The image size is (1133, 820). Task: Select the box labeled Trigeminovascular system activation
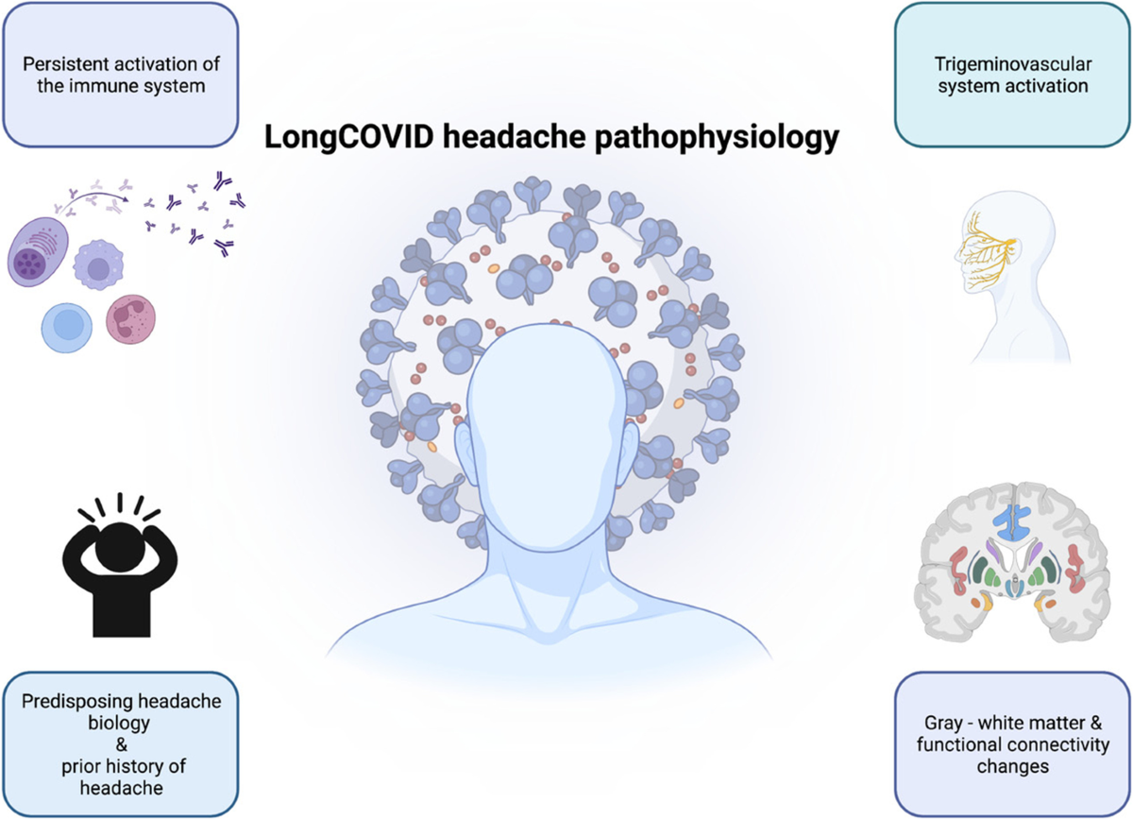1010,75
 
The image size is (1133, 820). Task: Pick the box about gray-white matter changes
1012,743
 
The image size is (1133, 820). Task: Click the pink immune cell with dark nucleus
129,322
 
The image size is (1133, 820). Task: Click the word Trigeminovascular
1010,64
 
